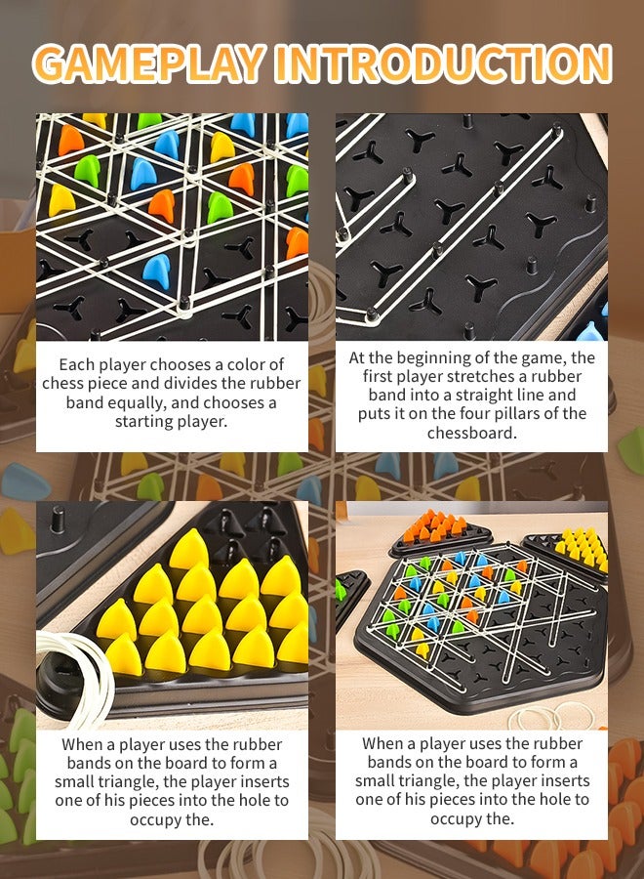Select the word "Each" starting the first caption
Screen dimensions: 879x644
(x=78, y=364)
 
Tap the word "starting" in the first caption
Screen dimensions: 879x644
(x=144, y=422)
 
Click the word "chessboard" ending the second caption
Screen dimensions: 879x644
(x=470, y=432)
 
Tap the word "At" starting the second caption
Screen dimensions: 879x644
(x=358, y=357)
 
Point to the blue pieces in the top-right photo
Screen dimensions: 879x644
(x=591, y=333)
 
